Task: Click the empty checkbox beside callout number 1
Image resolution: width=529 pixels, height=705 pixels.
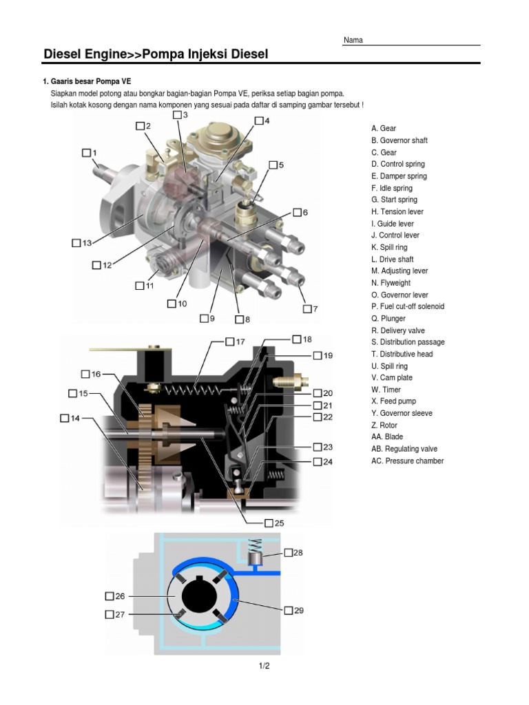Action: tap(85, 152)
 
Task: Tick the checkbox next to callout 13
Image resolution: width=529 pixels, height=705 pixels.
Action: tap(76, 243)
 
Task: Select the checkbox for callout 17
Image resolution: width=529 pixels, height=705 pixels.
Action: tap(229, 341)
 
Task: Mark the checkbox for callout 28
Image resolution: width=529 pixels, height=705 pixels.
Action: tap(288, 552)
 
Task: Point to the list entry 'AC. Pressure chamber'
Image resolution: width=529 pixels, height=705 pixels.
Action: tap(407, 461)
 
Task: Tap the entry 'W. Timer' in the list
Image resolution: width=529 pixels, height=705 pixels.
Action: tap(386, 390)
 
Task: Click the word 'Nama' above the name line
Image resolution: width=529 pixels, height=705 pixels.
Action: tap(353, 40)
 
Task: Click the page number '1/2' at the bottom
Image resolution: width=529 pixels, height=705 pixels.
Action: tap(264, 666)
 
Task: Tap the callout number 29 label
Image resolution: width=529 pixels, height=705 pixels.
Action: tap(299, 610)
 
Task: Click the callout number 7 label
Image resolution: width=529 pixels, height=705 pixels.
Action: tap(315, 309)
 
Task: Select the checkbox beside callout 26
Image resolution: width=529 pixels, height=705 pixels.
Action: tap(110, 596)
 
